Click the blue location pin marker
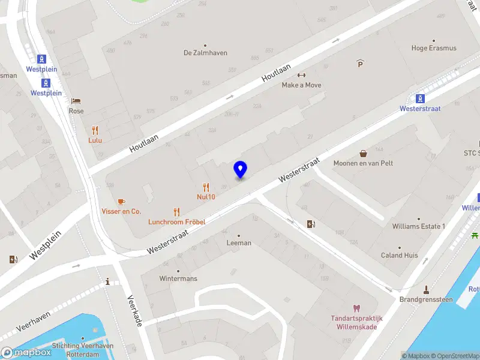(241, 170)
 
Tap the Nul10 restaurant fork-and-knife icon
(206, 187)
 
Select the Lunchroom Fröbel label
(177, 221)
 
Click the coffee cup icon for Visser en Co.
(121, 201)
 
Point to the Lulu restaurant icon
(95, 130)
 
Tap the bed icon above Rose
(76, 101)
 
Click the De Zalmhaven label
(205, 53)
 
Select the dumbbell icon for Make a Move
(301, 75)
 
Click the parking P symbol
(360, 64)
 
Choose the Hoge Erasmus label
(433, 48)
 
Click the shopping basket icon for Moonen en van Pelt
(363, 153)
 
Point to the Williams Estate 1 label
(418, 226)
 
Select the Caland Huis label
(400, 255)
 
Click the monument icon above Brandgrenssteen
(427, 289)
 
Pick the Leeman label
(239, 243)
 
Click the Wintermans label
(178, 278)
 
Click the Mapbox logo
(26, 353)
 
